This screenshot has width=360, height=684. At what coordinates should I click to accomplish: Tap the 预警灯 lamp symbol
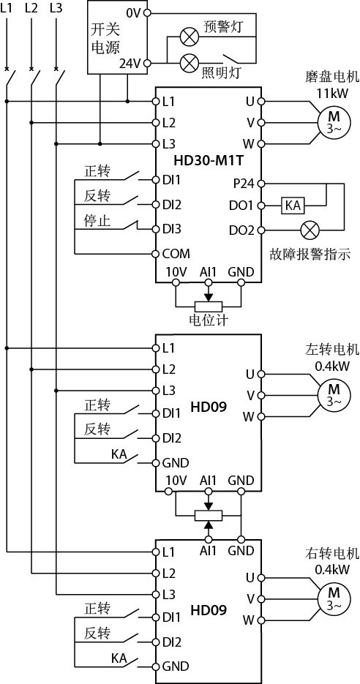click(x=190, y=37)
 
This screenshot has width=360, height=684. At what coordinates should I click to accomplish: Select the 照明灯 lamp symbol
click(x=190, y=63)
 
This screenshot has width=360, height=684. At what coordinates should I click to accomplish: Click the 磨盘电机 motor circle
click(x=334, y=122)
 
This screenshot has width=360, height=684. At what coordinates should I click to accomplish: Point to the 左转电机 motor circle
click(x=334, y=395)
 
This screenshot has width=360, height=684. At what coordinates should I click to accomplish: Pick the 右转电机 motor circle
click(x=334, y=599)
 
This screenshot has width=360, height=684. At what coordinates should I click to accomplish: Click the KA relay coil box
click(x=293, y=205)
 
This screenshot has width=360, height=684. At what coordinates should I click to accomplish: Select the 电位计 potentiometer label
click(x=208, y=320)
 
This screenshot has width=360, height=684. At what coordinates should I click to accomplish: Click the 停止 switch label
click(x=97, y=221)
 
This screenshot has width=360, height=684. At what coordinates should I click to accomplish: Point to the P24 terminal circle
click(x=261, y=184)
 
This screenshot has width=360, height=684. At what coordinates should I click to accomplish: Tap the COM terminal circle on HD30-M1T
click(x=155, y=253)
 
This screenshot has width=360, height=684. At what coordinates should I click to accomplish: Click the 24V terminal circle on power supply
click(x=148, y=63)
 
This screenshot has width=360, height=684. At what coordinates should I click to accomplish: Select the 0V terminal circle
click(x=148, y=13)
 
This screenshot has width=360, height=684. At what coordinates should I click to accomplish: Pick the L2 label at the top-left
click(x=31, y=8)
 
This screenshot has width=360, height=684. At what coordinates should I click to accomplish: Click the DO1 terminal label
click(x=242, y=206)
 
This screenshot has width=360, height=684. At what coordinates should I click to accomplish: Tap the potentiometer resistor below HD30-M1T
click(x=208, y=307)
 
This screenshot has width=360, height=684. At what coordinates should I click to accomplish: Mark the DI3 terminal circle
click(x=155, y=229)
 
